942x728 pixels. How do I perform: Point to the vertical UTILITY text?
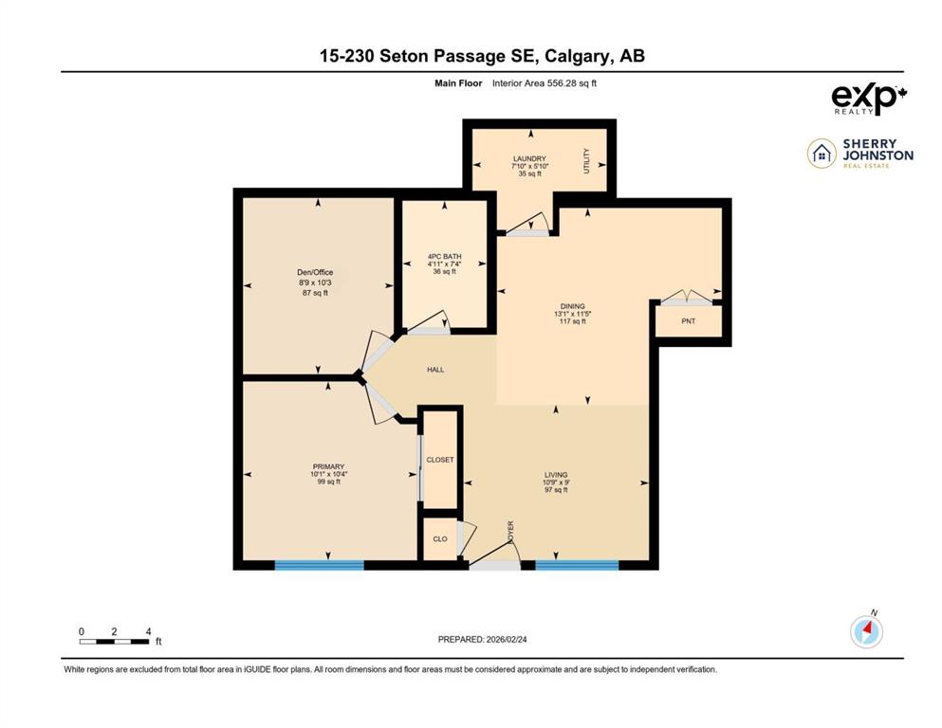click(x=587, y=161)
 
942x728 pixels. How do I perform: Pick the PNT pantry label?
click(x=689, y=321)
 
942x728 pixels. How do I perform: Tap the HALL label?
click(x=435, y=370)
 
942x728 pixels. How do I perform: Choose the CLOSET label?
click(x=440, y=460)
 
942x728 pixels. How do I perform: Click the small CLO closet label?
click(x=440, y=539)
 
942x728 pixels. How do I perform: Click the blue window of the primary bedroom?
click(x=320, y=565)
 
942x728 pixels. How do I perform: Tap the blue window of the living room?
click(x=577, y=565)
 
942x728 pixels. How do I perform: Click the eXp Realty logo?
click(x=869, y=100)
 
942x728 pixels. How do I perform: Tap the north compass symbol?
click(x=867, y=630)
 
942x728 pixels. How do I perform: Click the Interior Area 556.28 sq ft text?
click(x=545, y=83)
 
